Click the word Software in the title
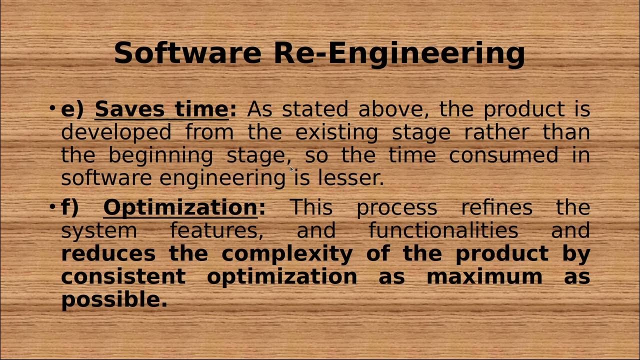click(x=187, y=53)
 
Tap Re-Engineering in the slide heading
click(x=399, y=53)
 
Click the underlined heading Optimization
click(x=180, y=207)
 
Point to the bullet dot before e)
click(x=52, y=108)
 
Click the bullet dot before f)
click(x=52, y=206)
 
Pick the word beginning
click(x=160, y=155)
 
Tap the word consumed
click(x=503, y=155)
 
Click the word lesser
click(x=351, y=178)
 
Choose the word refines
click(x=496, y=207)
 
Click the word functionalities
click(x=443, y=230)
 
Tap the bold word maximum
click(x=484, y=276)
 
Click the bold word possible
click(x=114, y=300)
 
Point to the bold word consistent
click(x=123, y=276)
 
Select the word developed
click(x=116, y=132)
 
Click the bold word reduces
click(x=108, y=253)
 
